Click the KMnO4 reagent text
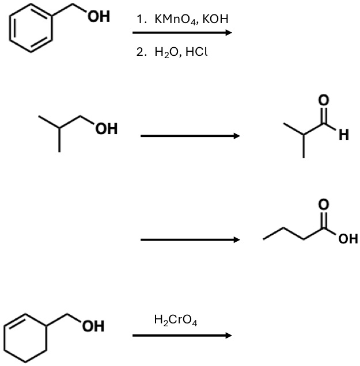point(175,19)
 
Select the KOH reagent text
point(215,18)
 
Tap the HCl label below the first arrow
point(196,52)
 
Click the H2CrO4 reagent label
point(176,320)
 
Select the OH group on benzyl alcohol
point(99,17)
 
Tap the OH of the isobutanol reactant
point(107,129)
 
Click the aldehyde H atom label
point(344,135)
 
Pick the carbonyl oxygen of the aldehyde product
point(324,100)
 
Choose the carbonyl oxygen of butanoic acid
point(324,204)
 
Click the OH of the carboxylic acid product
point(348,239)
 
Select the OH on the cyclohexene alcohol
point(93,326)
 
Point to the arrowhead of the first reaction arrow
point(229,32)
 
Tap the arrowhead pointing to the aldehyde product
point(236,136)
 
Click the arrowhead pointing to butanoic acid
point(236,239)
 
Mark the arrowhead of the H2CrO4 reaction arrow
point(229,335)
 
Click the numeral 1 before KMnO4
point(140,19)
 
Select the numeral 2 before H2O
point(140,52)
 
